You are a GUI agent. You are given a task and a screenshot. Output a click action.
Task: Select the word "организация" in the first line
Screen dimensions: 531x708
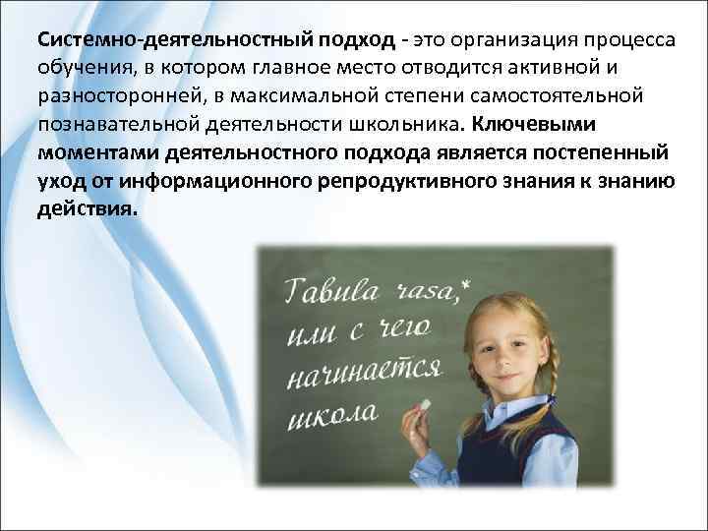click(486, 42)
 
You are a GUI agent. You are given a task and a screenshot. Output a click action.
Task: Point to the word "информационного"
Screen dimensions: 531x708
click(210, 182)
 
